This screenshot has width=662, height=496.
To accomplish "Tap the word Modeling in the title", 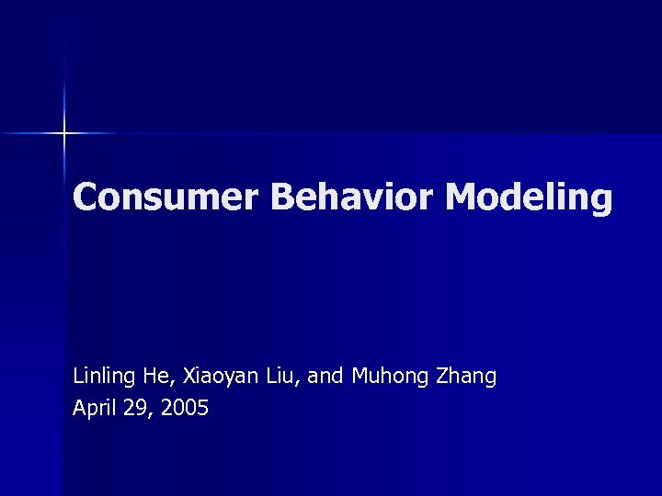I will click(x=530, y=197).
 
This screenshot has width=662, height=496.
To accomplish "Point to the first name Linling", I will click(x=105, y=377).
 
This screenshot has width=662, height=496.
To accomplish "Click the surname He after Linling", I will click(x=153, y=377).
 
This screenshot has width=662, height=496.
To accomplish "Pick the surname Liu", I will click(x=275, y=377).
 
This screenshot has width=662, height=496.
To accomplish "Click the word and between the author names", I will click(x=324, y=377).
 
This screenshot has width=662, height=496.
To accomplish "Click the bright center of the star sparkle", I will click(x=64, y=134).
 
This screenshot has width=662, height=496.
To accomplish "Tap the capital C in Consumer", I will click(x=86, y=197).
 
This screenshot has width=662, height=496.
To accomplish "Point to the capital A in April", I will click(x=79, y=408).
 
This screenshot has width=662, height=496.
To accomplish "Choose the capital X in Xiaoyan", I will click(x=188, y=377).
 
